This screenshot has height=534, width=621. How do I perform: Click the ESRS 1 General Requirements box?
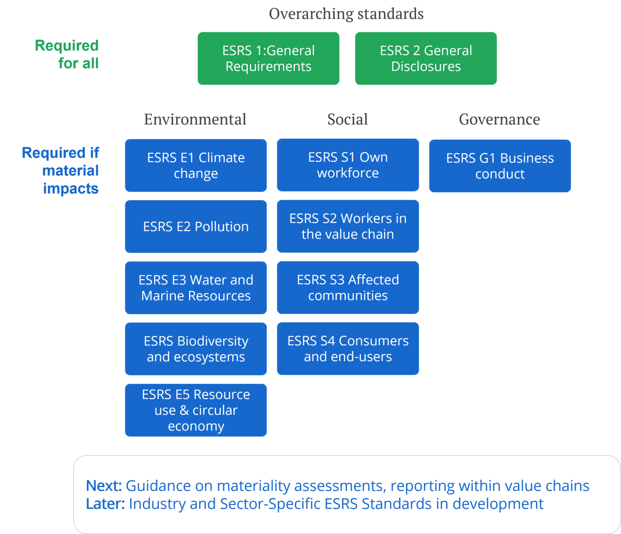click(x=268, y=59)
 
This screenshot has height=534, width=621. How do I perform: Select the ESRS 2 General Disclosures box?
click(x=426, y=59)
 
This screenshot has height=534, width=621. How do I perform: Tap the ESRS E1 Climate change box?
click(x=196, y=166)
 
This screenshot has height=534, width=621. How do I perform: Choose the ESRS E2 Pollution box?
click(x=196, y=227)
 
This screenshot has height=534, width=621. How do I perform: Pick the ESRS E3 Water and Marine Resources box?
click(x=196, y=288)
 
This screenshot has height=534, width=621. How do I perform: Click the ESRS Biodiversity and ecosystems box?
click(x=196, y=349)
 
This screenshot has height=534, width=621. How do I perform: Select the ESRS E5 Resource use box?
click(x=196, y=410)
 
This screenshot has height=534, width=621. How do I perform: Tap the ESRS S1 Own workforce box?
click(x=348, y=165)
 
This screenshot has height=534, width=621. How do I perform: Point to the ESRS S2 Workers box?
click(x=348, y=226)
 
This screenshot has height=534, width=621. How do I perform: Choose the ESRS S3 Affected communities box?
click(x=348, y=288)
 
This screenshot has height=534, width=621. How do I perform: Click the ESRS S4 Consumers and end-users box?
click(x=348, y=349)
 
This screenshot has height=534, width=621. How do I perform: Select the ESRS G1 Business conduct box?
click(x=500, y=166)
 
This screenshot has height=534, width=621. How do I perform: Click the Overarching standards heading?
click(x=346, y=14)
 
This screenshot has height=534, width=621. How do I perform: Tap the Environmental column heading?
click(x=195, y=120)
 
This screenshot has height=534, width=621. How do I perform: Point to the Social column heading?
click(x=347, y=120)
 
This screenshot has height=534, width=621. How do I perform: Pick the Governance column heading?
click(x=499, y=120)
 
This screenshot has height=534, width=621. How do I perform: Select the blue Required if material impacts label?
click(x=61, y=170)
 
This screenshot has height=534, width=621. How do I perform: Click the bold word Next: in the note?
click(x=104, y=486)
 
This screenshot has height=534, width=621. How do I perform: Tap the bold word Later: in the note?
click(x=105, y=504)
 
